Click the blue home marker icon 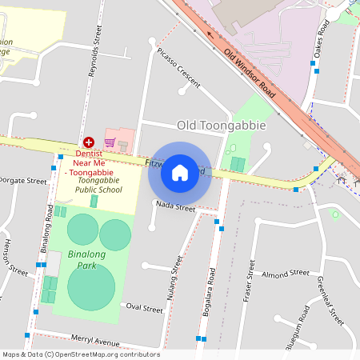pos(180,172)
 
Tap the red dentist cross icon pos(88,141)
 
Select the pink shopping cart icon pos(110,142)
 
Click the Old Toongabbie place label pos(221,126)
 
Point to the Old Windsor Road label pos(250,73)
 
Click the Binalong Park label pos(87,258)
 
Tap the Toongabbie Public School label pos(98,186)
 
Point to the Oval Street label pos(145,306)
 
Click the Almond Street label pos(285,274)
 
